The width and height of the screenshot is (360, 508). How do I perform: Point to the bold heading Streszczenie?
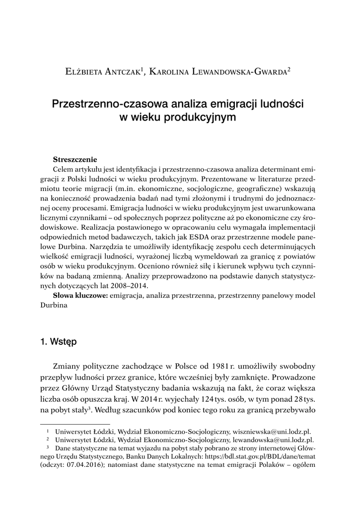(x=75, y=160)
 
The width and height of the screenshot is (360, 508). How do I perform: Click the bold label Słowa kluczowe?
(x=81, y=296)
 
